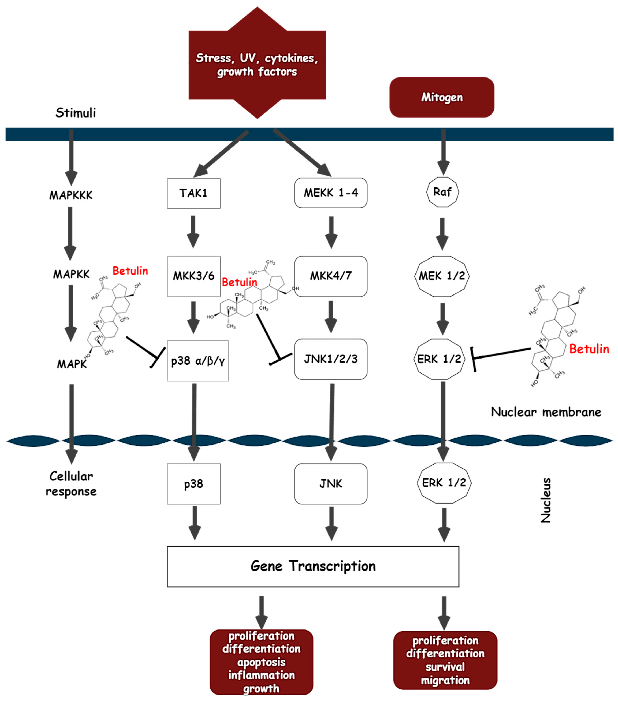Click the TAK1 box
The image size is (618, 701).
(193, 193)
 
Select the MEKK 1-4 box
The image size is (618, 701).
(331, 193)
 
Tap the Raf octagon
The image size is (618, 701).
(442, 192)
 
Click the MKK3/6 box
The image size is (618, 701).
(193, 276)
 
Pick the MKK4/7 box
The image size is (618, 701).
(331, 276)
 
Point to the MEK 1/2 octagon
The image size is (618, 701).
(442, 276)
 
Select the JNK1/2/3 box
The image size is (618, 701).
(331, 359)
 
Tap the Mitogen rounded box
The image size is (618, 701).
(442, 97)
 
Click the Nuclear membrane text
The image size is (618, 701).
(546, 412)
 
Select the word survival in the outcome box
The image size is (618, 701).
(445, 667)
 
